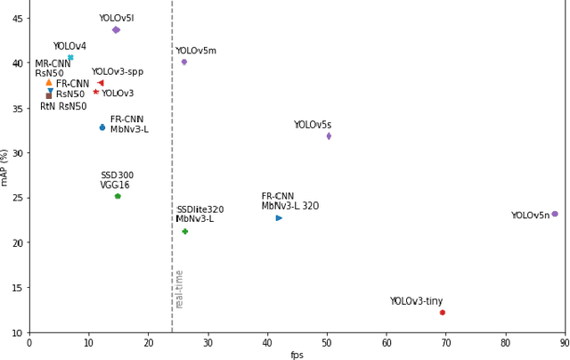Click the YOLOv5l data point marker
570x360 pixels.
point(116,30)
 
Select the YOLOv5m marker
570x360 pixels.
point(184,62)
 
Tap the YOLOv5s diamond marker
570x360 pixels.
point(329,136)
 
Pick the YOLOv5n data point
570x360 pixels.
point(554,214)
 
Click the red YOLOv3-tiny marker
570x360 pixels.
point(442,312)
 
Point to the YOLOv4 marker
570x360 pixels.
point(70,58)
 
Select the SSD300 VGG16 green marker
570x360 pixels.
point(118,196)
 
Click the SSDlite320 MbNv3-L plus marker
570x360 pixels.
point(185,232)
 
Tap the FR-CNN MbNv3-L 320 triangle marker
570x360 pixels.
point(279,217)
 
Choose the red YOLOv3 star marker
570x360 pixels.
point(96,92)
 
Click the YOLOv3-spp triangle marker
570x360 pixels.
point(101,83)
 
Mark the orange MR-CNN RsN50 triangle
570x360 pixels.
point(49,82)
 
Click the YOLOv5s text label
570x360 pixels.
point(313,126)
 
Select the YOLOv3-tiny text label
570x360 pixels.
point(416,301)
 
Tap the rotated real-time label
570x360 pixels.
point(180,289)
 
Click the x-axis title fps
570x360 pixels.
point(297,355)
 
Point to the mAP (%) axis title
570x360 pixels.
point(5,167)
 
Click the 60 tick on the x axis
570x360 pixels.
point(387,342)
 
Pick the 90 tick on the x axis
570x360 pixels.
point(564,342)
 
